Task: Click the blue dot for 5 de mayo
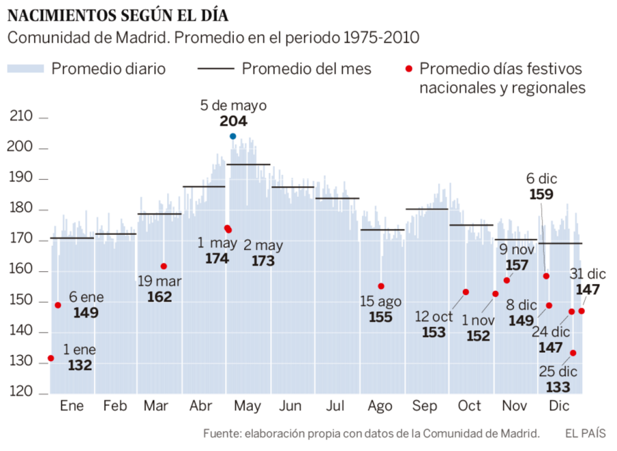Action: pyautogui.click(x=232, y=137)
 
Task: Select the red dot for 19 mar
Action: pyautogui.click(x=164, y=266)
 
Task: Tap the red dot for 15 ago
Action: pyautogui.click(x=381, y=286)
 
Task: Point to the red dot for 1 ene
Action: pyautogui.click(x=51, y=358)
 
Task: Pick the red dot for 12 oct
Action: pyautogui.click(x=466, y=292)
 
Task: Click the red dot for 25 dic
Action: pyautogui.click(x=573, y=353)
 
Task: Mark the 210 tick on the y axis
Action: pyautogui.click(x=44, y=118)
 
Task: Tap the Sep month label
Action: pyautogui.click(x=425, y=406)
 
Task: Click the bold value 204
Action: pyautogui.click(x=233, y=122)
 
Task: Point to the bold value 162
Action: pyautogui.click(x=159, y=297)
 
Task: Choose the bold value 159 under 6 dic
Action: pyautogui.click(x=542, y=194)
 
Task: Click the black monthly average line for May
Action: pyautogui.click(x=248, y=165)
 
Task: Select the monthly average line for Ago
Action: pyautogui.click(x=382, y=230)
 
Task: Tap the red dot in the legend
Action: pyautogui.click(x=409, y=69)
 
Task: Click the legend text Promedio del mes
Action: pyautogui.click(x=306, y=69)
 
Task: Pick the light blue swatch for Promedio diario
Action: pyautogui.click(x=25, y=69)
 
